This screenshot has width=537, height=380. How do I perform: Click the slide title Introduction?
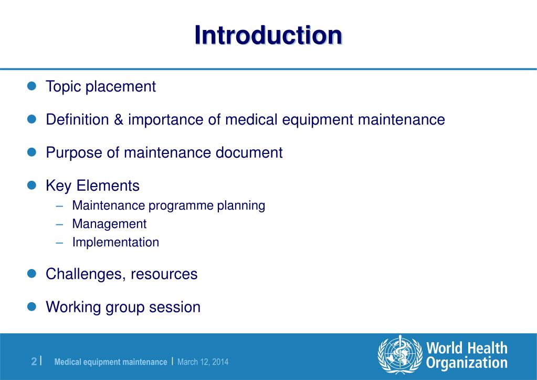point(268,35)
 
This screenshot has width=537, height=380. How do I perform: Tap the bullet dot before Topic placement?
point(31,86)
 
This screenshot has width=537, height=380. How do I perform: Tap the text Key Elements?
point(93,186)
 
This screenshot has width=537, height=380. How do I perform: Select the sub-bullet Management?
point(109,224)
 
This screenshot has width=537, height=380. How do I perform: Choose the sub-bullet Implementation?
point(115,242)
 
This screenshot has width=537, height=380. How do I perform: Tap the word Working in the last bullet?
point(73,307)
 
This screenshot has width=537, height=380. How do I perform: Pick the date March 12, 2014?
point(203,362)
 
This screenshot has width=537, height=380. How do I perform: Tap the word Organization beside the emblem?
point(467,363)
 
